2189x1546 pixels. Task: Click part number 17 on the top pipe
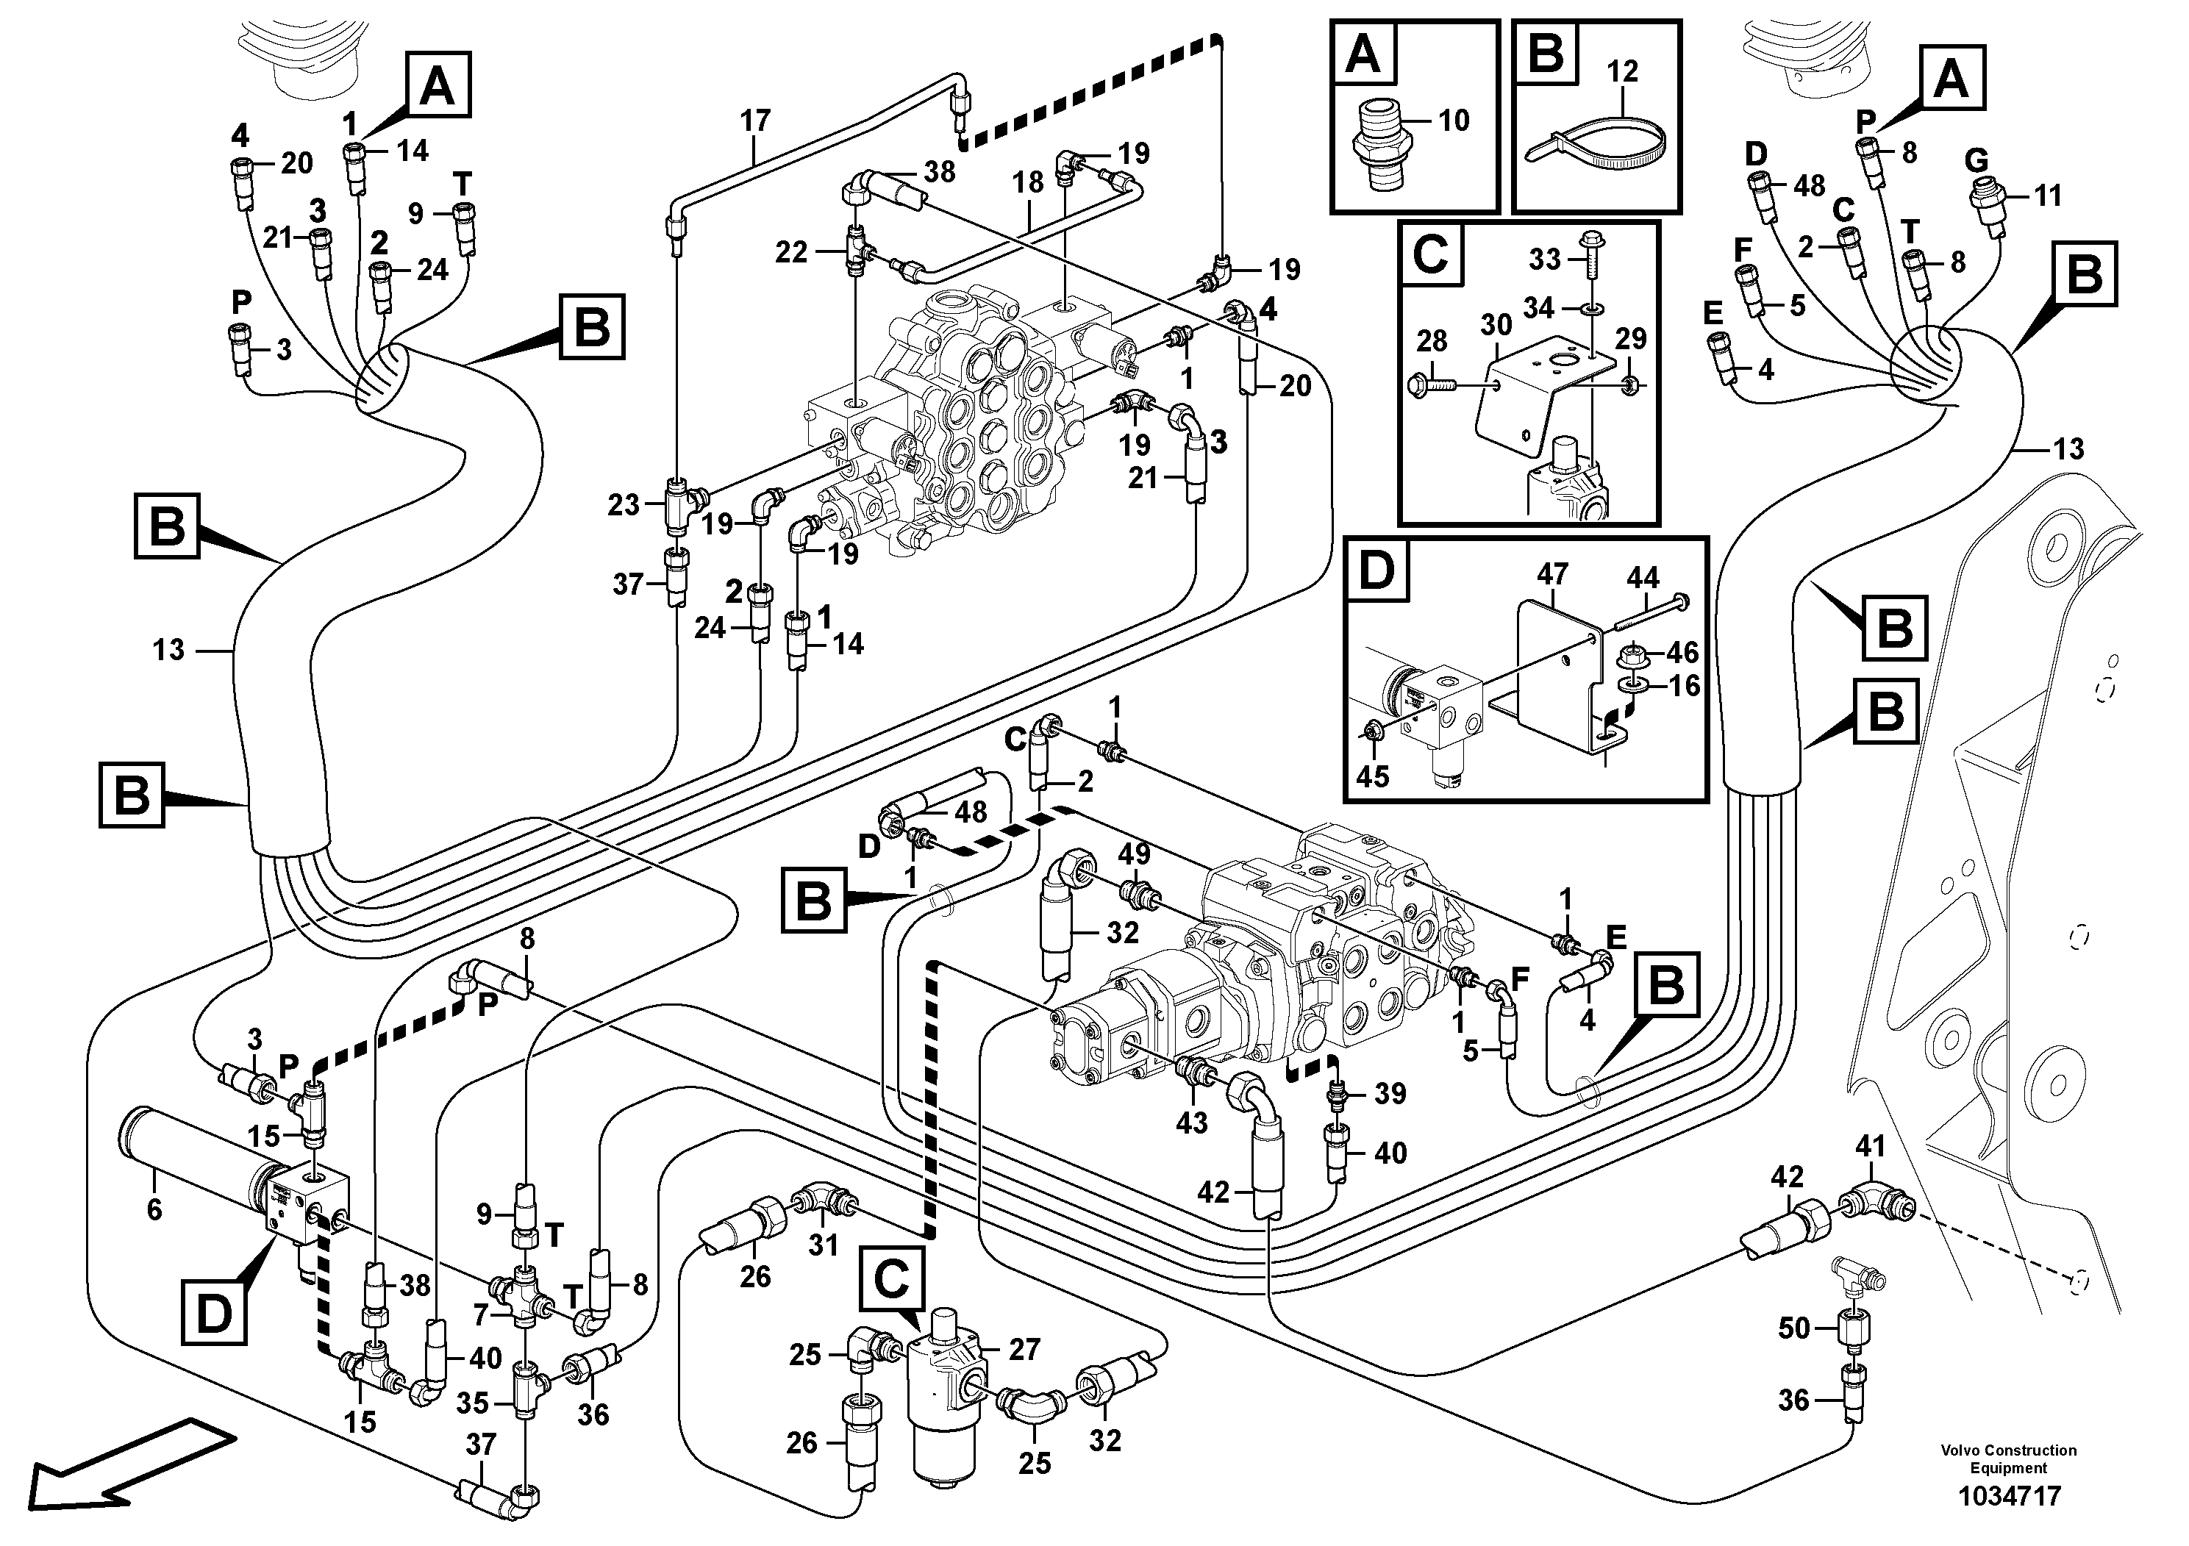point(754,121)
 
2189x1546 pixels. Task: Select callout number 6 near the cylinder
point(154,1209)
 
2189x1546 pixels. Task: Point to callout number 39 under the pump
point(1390,1093)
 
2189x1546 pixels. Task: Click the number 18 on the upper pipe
point(1028,183)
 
